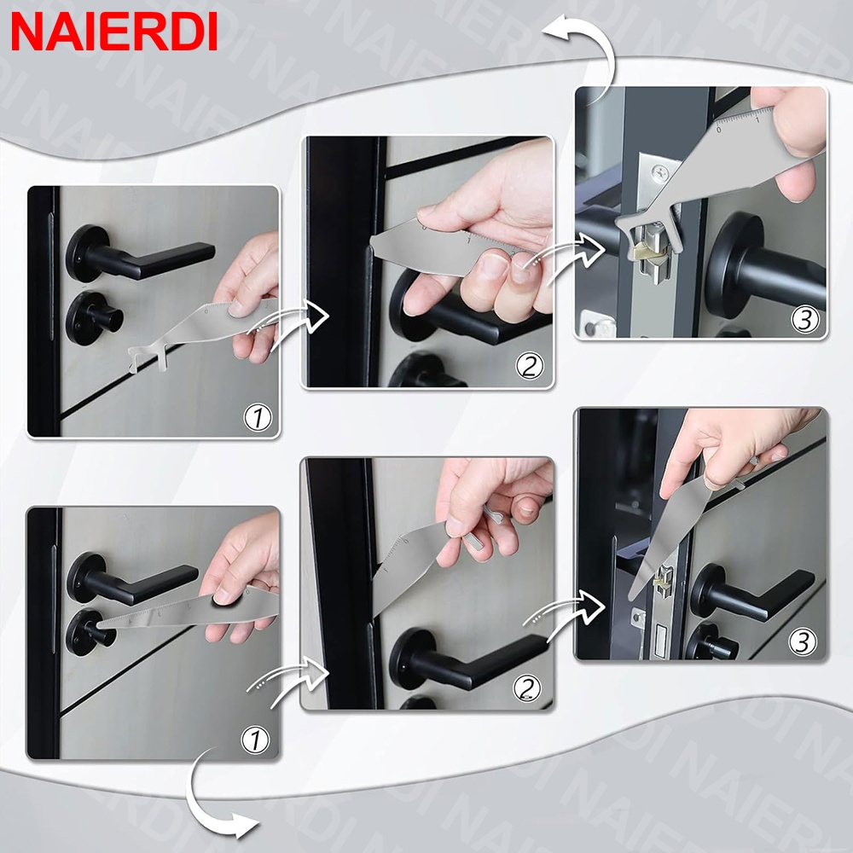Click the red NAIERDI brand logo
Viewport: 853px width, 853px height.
click(113, 32)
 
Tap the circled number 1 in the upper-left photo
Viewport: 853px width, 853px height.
click(258, 417)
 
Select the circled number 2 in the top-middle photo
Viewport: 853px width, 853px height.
click(530, 366)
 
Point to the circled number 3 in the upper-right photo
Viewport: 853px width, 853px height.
click(804, 319)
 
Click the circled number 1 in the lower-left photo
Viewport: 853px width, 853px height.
click(255, 740)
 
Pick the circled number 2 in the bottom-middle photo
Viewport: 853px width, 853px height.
click(526, 689)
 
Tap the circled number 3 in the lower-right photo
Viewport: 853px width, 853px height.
click(803, 642)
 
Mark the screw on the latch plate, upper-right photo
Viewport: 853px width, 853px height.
click(659, 173)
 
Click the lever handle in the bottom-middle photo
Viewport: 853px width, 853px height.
click(467, 661)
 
